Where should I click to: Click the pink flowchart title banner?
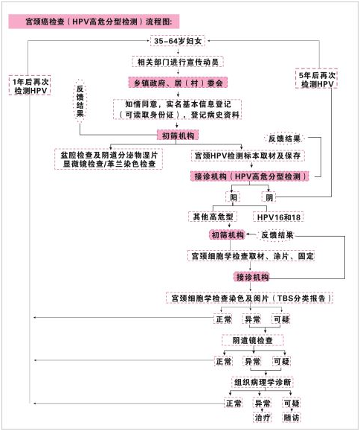pos(94,22)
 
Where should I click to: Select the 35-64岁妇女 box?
pos(178,41)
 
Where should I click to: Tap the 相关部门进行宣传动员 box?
pos(178,62)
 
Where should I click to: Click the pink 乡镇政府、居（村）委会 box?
pos(178,83)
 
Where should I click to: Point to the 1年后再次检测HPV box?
pos(30,86)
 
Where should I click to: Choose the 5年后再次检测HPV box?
pos(316,79)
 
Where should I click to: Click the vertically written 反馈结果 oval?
pos(80,100)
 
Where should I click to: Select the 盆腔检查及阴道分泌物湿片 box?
pos(109,159)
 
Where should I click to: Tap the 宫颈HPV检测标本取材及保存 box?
pos(248,156)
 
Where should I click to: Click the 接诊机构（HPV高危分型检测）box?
pos(250,176)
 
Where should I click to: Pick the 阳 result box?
pos(233,197)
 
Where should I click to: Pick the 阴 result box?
pos(269,197)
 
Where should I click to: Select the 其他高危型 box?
pos(213,217)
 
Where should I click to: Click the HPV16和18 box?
pos(278,217)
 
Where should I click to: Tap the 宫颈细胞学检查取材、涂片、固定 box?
pos(251,256)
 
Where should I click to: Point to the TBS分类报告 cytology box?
pos(250,298)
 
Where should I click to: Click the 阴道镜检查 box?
pos(252,340)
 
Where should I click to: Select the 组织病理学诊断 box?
pos(263,382)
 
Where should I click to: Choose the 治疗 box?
pos(263,418)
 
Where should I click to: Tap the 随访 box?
pos(291,418)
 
